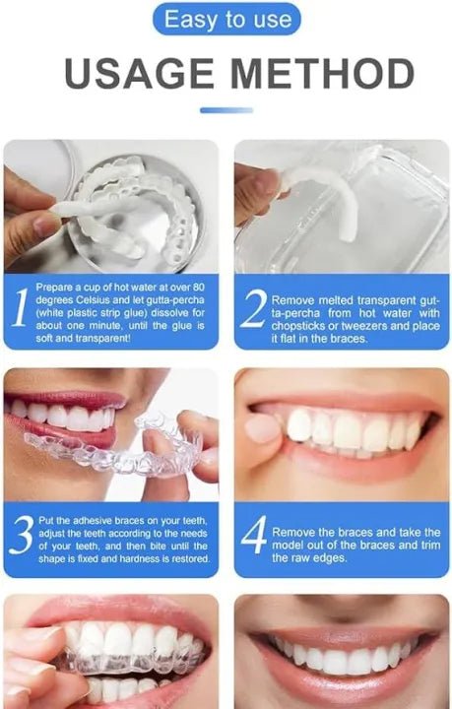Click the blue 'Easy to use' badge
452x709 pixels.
tap(226, 19)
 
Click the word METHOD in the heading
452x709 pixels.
tap(325, 75)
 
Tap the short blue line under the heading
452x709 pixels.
tap(226, 110)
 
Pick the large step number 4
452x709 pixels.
tap(253, 538)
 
